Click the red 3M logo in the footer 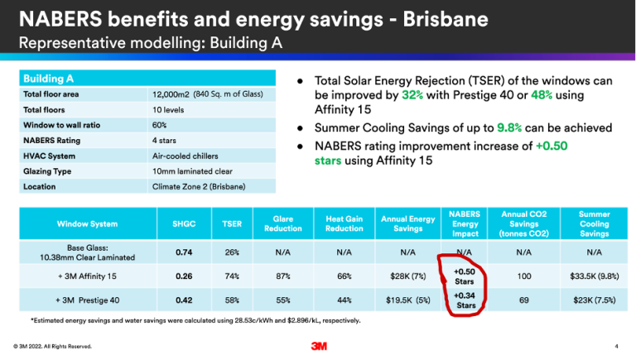pyautogui.click(x=317, y=346)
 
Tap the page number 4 pyautogui.click(x=617, y=346)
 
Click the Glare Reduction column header pyautogui.click(x=277, y=223)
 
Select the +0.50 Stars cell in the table pyautogui.click(x=464, y=276)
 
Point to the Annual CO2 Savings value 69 pyautogui.click(x=523, y=300)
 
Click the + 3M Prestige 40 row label pyautogui.click(x=86, y=300)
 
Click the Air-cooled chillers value pyautogui.click(x=185, y=155)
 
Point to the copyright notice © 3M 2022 pyautogui.click(x=51, y=346)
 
